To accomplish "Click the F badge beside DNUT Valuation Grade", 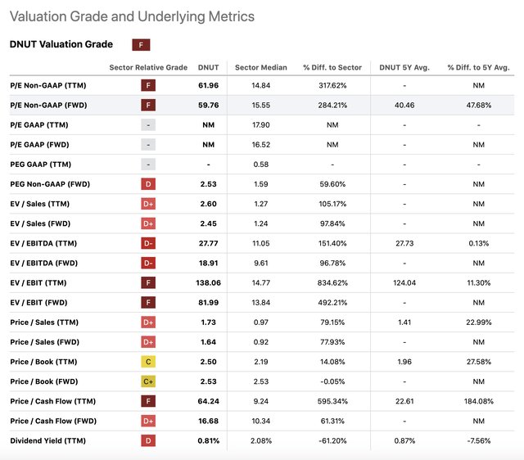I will tap(141, 45).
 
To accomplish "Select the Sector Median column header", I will tap(258, 67).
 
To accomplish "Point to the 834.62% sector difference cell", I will tap(332, 282).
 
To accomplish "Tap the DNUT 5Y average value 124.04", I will tap(404, 282).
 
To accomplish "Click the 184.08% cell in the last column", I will tap(478, 401).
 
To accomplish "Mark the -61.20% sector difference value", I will tap(332, 440).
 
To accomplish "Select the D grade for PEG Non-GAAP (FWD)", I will tap(149, 184).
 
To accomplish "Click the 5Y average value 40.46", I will tap(404, 105).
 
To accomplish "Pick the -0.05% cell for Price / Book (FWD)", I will tap(332, 381).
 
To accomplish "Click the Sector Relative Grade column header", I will tap(148, 67).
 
